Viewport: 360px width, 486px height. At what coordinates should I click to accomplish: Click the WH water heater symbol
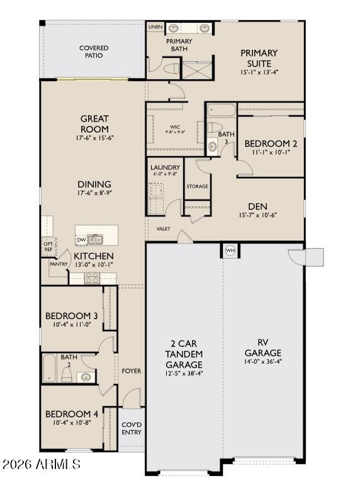(230, 251)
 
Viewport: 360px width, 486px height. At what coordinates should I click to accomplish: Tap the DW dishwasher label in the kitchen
(81, 239)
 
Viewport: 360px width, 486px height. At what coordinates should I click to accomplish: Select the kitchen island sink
(96, 239)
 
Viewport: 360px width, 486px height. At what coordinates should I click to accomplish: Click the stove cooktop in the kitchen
(92, 278)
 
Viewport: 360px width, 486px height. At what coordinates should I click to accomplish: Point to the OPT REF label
(48, 246)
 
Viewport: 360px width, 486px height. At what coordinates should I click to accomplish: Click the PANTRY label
(58, 264)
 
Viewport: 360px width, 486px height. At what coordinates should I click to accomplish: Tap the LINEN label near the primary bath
(155, 28)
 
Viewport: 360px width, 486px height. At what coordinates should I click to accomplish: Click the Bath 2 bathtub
(50, 368)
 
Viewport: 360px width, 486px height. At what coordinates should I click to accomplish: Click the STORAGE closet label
(196, 186)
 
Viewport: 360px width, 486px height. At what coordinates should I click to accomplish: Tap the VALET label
(163, 229)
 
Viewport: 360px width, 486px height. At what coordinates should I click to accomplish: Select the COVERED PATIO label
(94, 52)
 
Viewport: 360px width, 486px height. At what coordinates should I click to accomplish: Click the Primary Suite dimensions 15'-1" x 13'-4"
(259, 72)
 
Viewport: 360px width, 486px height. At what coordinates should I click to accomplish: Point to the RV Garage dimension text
(262, 361)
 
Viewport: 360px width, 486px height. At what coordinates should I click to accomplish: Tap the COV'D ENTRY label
(132, 429)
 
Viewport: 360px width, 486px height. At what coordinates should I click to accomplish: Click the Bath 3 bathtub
(221, 111)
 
